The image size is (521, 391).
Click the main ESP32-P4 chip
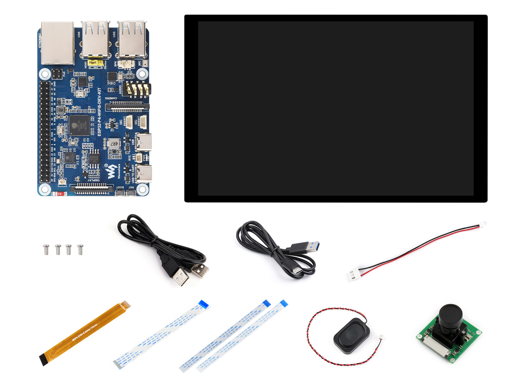tap(79, 125)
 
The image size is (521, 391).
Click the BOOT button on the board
tap(120, 193)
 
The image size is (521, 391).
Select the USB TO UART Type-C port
tap(144, 173)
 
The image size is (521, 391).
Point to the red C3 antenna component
tap(60, 194)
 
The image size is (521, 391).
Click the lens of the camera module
tap(450, 314)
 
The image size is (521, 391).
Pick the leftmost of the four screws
tap(46, 250)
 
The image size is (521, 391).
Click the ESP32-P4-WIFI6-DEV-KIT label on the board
tap(99, 112)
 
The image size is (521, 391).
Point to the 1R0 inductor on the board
tap(61, 110)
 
